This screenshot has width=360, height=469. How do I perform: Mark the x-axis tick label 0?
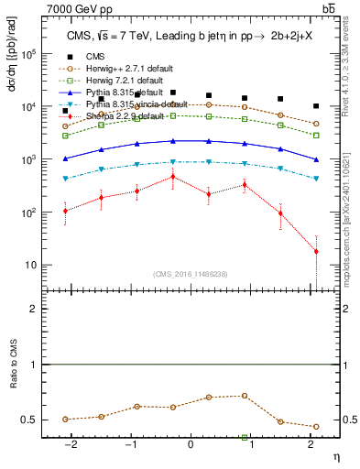[x=191, y=446]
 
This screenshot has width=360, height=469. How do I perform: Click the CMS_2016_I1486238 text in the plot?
[x=191, y=274]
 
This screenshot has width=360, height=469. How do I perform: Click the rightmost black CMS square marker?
[x=316, y=106]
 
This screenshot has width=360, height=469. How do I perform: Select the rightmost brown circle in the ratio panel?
[x=316, y=427]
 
